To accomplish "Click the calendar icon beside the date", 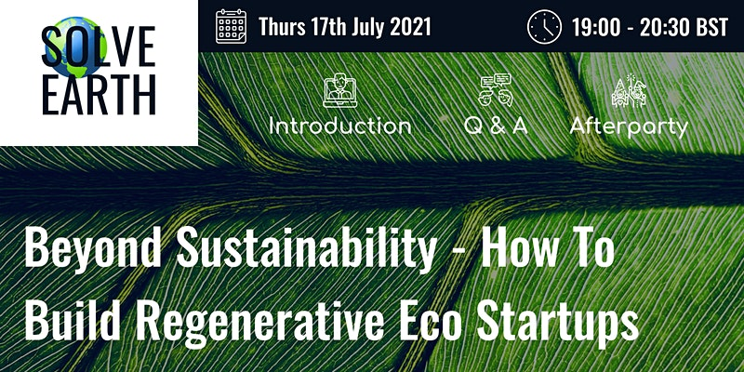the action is click(x=231, y=27).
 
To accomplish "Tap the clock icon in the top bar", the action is click(x=545, y=27).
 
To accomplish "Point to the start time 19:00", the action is click(x=596, y=27).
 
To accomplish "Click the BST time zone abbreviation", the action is click(x=712, y=27).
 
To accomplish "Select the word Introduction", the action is click(x=340, y=126).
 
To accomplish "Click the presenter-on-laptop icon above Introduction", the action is click(x=340, y=90).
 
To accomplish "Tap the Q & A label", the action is click(x=496, y=126).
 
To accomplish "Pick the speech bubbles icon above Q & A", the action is click(x=496, y=89).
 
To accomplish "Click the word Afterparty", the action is click(x=630, y=127).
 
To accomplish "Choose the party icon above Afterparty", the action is click(x=630, y=90).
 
